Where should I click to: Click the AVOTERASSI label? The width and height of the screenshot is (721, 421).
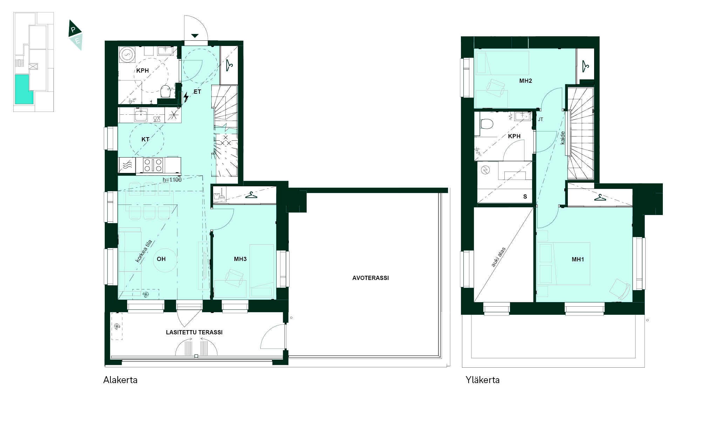tap(370, 278)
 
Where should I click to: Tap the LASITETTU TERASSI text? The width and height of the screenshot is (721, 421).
tap(194, 332)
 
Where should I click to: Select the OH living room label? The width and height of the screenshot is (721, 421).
tap(161, 259)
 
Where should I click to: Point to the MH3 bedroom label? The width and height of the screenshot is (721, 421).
tap(240, 259)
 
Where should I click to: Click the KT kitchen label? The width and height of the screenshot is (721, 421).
tap(145, 139)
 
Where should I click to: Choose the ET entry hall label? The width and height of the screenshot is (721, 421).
tap(197, 92)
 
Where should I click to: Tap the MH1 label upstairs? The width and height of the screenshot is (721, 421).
tap(578, 259)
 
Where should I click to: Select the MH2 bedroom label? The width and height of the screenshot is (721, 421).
tap(526, 81)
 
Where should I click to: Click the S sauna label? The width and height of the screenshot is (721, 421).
tap(525, 196)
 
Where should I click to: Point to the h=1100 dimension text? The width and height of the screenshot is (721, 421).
tap(172, 180)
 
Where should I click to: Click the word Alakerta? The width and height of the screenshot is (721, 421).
tap(120, 380)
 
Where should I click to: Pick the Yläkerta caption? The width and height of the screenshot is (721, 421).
tap(483, 380)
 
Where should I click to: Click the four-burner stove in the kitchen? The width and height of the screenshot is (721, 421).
tap(153, 165)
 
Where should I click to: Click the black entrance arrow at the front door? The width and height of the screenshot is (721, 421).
tap(195, 36)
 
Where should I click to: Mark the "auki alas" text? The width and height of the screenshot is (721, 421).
tap(498, 257)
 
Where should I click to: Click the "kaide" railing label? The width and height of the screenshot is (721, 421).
tap(563, 138)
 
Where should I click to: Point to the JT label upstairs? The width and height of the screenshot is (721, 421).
tap(540, 120)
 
